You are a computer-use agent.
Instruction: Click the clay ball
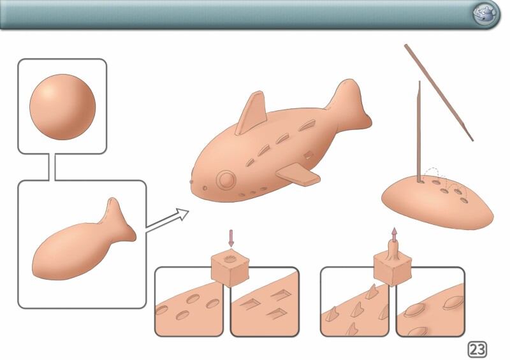(x=62, y=107)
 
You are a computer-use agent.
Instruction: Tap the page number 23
(x=477, y=350)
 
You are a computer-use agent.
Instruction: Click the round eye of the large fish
(x=226, y=180)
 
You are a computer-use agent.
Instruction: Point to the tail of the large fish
(x=349, y=104)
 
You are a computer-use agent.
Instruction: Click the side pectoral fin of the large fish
(x=298, y=175)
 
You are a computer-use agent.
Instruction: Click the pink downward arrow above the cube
(x=231, y=238)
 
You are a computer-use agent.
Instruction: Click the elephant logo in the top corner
(x=484, y=14)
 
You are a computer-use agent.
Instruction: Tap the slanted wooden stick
(x=439, y=93)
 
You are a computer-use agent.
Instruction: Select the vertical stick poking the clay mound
(x=419, y=131)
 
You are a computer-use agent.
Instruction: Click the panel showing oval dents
(x=189, y=302)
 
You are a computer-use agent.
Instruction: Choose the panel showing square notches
(x=265, y=302)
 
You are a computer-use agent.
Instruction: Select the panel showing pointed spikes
(x=355, y=302)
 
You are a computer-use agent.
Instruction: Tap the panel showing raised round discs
(x=430, y=302)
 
